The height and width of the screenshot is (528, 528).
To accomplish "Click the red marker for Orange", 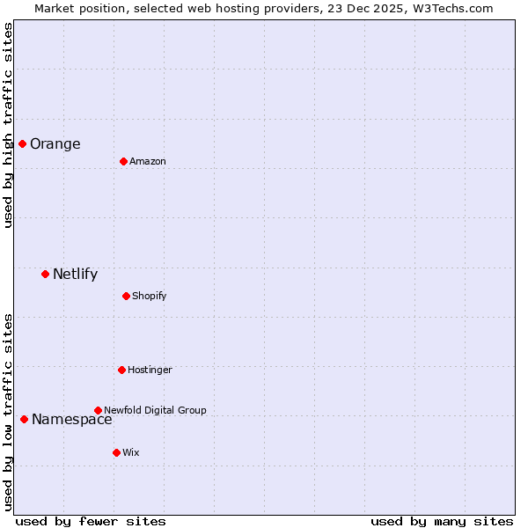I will (x=22, y=143).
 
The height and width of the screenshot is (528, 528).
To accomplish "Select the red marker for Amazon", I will (x=123, y=161).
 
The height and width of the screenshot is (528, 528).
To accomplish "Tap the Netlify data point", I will (x=45, y=274).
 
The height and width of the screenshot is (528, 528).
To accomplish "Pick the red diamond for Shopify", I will (x=126, y=296).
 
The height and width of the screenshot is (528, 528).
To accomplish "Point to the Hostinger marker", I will (x=121, y=370).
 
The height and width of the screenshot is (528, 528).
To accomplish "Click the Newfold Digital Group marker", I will (x=98, y=410).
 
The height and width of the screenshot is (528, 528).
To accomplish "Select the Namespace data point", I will (x=24, y=419).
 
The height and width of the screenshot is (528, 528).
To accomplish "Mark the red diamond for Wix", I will (x=116, y=452).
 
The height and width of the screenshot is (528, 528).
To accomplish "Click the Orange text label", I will (x=55, y=144).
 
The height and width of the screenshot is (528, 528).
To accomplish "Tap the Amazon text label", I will (x=147, y=162).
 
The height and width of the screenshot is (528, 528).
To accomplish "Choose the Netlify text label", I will (x=75, y=275).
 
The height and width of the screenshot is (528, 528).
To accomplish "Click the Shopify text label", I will (x=149, y=297).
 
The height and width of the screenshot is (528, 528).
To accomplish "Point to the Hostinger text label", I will (x=150, y=370).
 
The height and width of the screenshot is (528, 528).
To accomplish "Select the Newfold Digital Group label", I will (x=155, y=411).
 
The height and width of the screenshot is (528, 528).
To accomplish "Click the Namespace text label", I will (x=71, y=420).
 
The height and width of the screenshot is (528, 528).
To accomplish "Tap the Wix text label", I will (x=130, y=453).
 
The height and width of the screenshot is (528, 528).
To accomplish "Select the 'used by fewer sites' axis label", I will (x=91, y=521).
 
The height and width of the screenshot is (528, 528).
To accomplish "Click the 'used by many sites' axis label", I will (x=442, y=521).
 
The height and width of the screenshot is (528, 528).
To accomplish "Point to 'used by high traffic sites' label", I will (x=8, y=125).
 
